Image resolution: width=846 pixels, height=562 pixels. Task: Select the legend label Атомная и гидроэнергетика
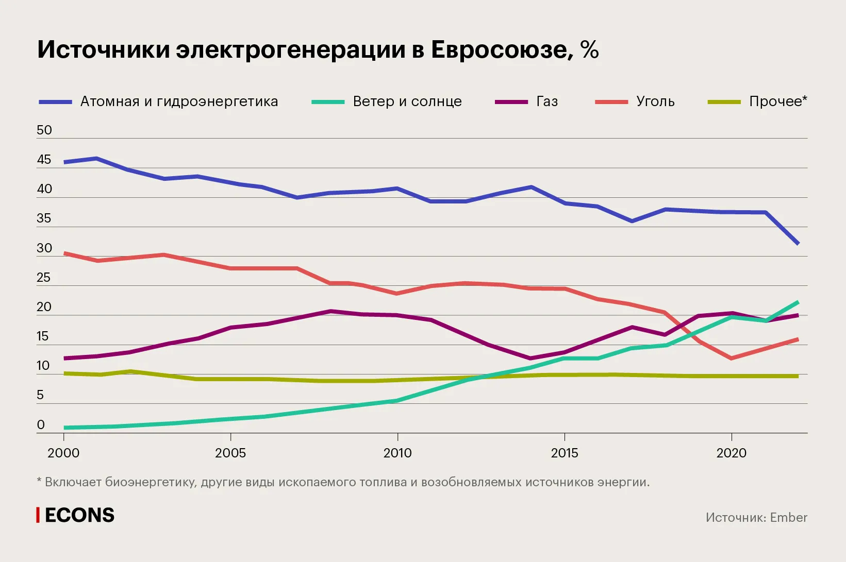[x=179, y=101]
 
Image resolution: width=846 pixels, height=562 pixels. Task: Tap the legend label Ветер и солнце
[x=407, y=101]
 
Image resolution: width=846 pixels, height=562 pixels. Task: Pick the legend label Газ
[x=547, y=101]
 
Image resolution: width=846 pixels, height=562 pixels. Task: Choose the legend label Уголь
[x=655, y=101]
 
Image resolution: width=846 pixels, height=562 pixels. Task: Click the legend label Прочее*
[x=778, y=101]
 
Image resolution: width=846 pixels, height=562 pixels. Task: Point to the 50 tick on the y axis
[x=44, y=130]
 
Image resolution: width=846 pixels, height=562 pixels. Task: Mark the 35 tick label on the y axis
[x=44, y=218]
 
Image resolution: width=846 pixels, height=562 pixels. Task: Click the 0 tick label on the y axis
[x=41, y=425]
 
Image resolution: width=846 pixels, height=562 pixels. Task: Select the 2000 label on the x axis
[x=63, y=453]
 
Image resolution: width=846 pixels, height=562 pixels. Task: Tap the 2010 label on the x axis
[x=397, y=453]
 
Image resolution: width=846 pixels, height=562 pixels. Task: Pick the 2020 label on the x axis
[x=731, y=453]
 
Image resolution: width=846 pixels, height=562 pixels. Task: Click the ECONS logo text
[x=80, y=516]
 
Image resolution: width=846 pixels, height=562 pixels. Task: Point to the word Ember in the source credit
[x=789, y=518]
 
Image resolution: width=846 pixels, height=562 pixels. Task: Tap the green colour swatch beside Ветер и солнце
[x=328, y=102]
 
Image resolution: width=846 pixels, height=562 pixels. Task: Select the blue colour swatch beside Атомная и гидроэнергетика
[x=55, y=102]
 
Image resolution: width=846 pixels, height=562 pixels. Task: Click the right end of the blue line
[x=798, y=243]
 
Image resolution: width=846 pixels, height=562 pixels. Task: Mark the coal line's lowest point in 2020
[x=731, y=358]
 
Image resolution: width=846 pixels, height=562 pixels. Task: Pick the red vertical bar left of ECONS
[x=38, y=515]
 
